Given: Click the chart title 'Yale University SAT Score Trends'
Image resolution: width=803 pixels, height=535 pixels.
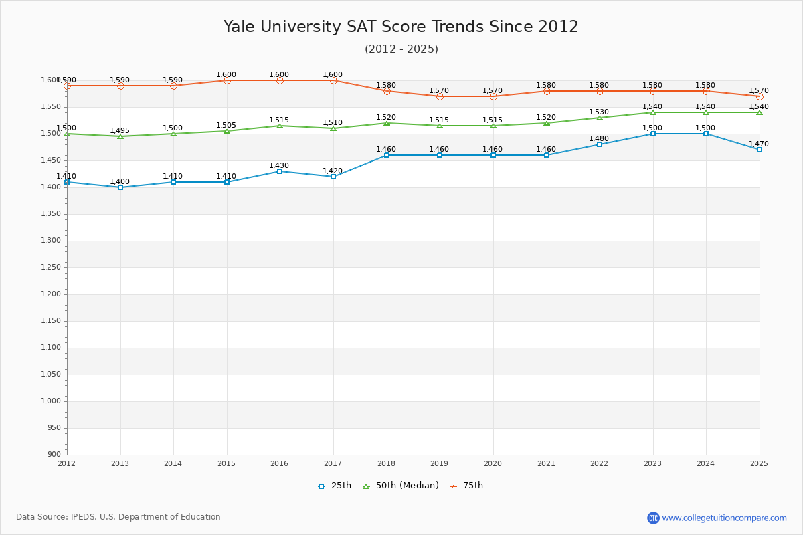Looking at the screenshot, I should pos(401,27).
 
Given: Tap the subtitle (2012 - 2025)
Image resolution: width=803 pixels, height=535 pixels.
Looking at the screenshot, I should pos(401,49).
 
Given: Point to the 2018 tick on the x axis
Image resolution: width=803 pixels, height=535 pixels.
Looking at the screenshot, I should pos(386,463).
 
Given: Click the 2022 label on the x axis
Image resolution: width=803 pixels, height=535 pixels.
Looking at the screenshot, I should pos(599,463).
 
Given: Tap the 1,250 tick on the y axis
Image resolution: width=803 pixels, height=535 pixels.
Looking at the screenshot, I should pos(52,267).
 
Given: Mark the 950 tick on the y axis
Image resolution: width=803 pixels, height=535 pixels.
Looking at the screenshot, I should pos(54,428).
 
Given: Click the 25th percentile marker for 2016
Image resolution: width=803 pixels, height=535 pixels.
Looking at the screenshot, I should pos(280,171).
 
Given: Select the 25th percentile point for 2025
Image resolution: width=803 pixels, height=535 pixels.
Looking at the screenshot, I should pos(760,150).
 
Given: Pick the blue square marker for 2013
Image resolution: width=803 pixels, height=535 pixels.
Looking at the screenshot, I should pos(120,187).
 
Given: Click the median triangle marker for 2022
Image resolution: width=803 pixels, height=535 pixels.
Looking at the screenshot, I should pos(600,118).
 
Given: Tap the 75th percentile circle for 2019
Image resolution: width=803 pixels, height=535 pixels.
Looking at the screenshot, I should pos(440,96).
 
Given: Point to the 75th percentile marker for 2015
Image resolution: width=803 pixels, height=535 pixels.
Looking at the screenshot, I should pos(227,80).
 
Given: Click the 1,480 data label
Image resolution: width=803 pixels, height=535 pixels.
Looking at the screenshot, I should pos(600,139).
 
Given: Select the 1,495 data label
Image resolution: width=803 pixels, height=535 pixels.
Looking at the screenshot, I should pos(120,131).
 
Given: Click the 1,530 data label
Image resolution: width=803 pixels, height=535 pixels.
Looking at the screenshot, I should pos(600,112).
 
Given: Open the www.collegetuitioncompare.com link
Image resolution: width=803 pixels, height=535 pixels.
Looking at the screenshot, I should pos(724,518).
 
